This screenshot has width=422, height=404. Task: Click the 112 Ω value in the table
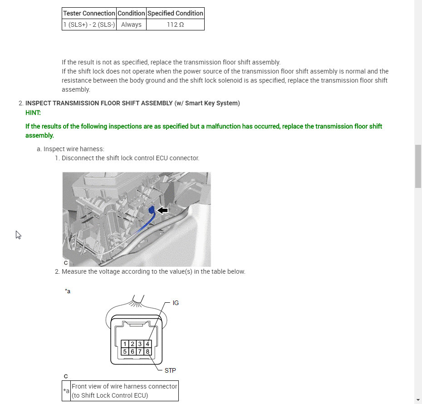point(175,25)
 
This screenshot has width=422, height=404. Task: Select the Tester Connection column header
point(89,13)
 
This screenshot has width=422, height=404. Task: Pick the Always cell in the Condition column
point(131,25)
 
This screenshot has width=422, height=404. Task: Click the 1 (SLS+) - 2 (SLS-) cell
point(89,25)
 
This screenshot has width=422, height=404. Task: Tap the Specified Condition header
point(175,13)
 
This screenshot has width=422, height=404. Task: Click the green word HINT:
point(33,113)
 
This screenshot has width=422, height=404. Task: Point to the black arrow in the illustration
point(162,210)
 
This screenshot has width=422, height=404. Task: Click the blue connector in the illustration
point(152,209)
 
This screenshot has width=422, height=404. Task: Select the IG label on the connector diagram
point(176,303)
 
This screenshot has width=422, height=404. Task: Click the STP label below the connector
point(170,370)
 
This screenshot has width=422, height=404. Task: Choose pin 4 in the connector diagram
point(147,344)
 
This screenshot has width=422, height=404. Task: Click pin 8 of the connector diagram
point(147,351)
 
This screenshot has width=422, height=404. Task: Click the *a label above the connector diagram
point(68,291)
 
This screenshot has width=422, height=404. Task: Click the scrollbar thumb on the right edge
point(418,166)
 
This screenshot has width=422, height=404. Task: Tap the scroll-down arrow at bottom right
point(418,400)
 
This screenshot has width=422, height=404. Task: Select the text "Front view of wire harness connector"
point(124,386)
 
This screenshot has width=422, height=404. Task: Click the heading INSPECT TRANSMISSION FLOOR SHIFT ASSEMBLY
point(99,103)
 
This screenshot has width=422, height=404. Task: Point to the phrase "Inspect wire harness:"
point(74,149)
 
